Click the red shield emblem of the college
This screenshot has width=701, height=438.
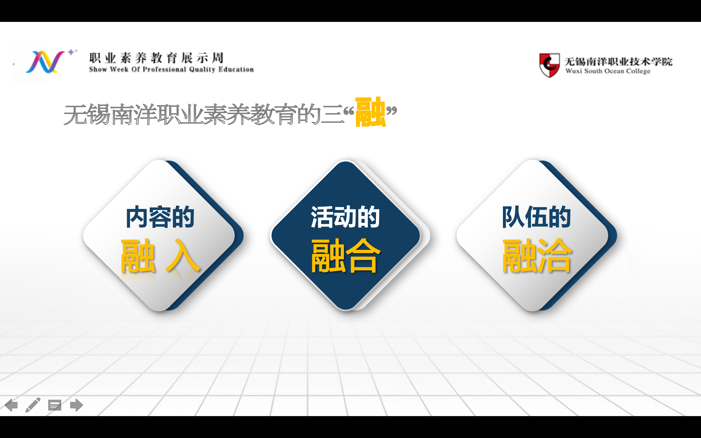pos(549,65)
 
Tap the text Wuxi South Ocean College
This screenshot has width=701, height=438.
pos(608,71)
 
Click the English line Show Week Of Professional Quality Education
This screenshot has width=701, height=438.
pos(171,70)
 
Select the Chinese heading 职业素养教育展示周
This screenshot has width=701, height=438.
pos(156,58)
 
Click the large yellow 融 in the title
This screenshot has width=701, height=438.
pos(370,112)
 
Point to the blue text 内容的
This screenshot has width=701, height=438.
pos(160,217)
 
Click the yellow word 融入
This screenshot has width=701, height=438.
pos(160,256)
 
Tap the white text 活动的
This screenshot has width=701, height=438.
pos(345,217)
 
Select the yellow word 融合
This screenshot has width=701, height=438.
pos(346,256)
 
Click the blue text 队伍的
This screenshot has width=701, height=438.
pos(536,217)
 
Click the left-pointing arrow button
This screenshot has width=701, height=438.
pos(11,405)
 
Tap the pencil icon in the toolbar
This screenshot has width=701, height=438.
pos(33,405)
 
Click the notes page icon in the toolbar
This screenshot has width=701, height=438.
pos(55,405)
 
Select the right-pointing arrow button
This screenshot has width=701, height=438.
pos(76,405)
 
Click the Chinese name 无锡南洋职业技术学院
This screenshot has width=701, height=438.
pos(619,61)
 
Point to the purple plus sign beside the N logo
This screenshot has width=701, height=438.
pos(71,52)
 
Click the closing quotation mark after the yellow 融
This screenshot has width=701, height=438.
pos(392,110)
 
